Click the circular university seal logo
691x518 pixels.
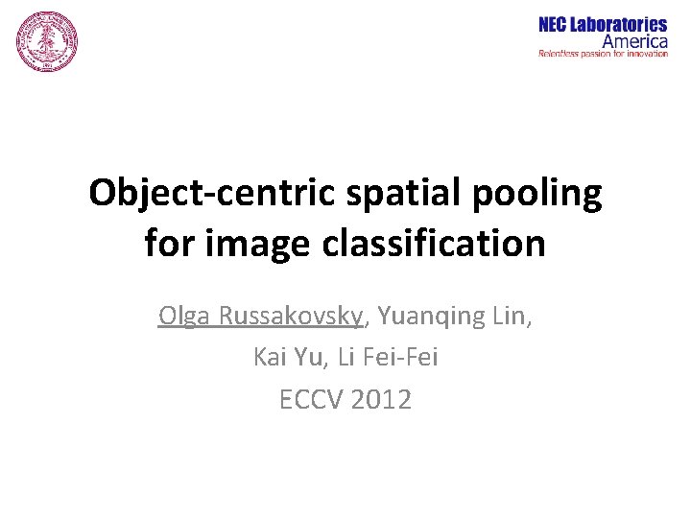pos(46,43)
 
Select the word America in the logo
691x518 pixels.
pos(634,41)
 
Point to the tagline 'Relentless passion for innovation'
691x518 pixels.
pos(603,54)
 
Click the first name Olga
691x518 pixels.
pos(185,316)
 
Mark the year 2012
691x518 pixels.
pos(381,399)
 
